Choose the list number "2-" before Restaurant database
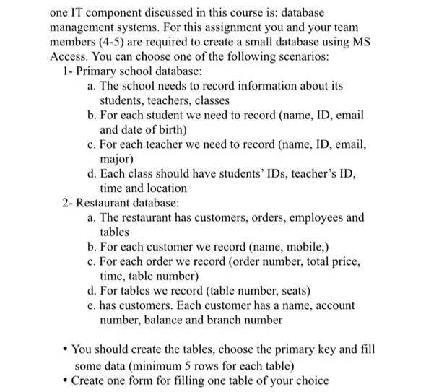coord(68,202)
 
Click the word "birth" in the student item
coord(171,130)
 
